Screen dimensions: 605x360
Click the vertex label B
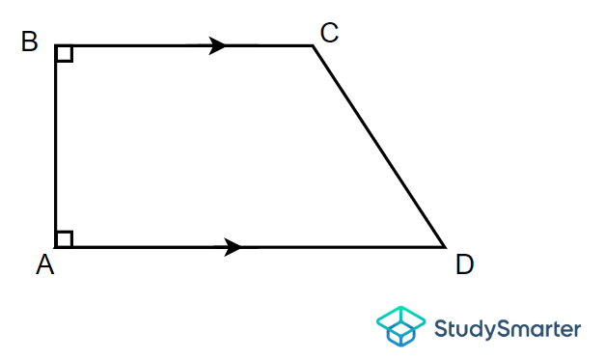(30, 42)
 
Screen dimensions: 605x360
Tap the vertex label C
(329, 34)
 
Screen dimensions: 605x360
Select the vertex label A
(44, 265)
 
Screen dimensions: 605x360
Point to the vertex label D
(464, 264)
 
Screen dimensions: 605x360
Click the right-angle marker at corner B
(64, 53)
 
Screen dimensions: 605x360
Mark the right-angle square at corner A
(64, 238)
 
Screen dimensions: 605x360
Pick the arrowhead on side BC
(219, 45)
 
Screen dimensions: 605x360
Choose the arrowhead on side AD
(233, 247)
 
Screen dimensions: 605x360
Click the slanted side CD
(378, 146)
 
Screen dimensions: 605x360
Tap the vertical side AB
(56, 145)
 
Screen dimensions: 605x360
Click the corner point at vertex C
(313, 45)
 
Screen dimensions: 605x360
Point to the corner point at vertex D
(444, 247)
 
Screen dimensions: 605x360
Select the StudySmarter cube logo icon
(399, 326)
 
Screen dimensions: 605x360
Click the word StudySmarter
(508, 328)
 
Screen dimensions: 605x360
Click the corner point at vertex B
(56, 45)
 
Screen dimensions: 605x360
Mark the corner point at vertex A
(56, 247)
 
